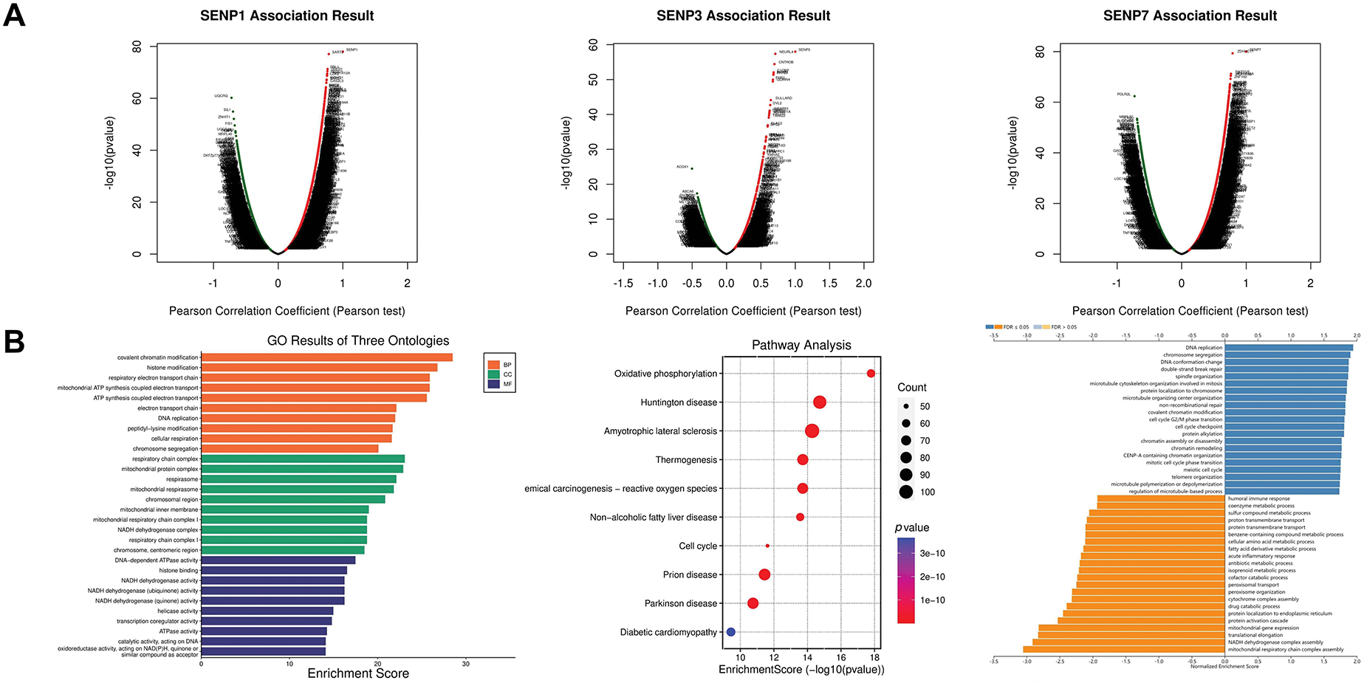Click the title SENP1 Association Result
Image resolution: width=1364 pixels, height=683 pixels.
point(287,16)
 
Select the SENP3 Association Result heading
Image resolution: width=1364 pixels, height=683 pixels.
point(743,16)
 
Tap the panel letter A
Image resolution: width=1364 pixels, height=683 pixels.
point(14,15)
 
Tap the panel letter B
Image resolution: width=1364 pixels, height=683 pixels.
point(14,342)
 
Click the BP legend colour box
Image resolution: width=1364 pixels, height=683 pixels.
point(494,365)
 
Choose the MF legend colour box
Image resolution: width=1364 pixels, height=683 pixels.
point(494,384)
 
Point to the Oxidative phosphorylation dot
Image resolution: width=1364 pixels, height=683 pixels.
point(871,374)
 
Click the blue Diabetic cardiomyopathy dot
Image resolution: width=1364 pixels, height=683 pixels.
point(730,632)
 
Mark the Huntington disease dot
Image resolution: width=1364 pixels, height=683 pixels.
point(819,402)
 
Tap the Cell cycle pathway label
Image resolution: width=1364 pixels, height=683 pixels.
point(697,546)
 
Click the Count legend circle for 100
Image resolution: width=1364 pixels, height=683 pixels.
point(906,492)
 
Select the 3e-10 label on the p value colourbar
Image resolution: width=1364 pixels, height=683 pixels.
point(932,553)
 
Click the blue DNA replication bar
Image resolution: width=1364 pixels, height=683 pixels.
point(1289,348)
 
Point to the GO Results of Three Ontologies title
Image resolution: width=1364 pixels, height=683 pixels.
point(357,340)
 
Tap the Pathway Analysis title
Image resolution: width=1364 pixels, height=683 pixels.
point(801,345)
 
